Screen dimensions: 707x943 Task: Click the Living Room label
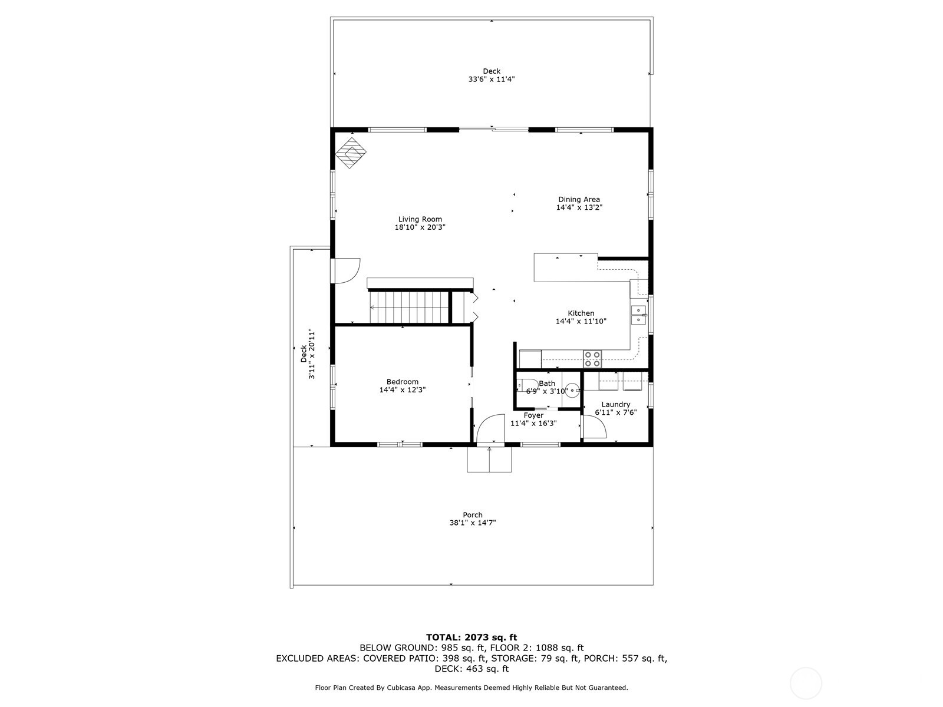(420, 219)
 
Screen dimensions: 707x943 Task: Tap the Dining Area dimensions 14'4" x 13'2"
(579, 207)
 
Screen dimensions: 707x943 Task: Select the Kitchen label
(581, 313)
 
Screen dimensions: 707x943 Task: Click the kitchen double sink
(638, 315)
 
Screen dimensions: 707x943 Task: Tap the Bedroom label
(402, 382)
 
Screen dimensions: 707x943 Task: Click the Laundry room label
(615, 404)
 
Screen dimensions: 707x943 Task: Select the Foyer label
(533, 415)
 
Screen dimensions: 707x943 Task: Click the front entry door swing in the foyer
(489, 428)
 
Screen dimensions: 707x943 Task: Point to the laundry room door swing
(594, 427)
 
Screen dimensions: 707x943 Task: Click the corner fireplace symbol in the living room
(351, 153)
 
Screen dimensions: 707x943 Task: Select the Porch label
(472, 515)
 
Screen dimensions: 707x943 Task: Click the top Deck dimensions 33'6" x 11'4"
(492, 79)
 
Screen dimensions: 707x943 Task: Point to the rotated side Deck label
(304, 353)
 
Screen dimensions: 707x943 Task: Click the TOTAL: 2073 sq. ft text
(471, 637)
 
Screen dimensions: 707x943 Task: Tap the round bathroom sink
(572, 389)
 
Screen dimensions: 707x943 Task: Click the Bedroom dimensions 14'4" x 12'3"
(402, 389)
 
